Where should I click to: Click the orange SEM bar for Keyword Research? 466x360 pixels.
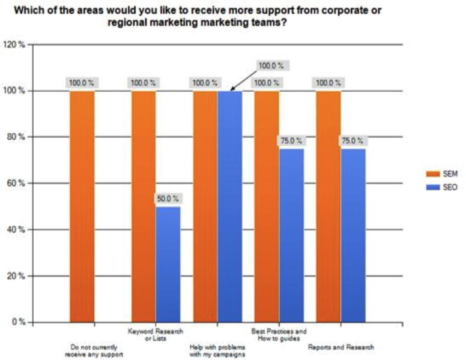click(x=144, y=206)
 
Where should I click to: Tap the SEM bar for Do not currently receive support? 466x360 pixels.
click(x=82, y=206)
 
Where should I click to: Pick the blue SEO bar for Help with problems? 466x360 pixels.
click(x=229, y=206)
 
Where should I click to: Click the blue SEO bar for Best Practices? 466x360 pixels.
click(x=291, y=235)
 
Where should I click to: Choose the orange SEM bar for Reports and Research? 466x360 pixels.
click(x=328, y=206)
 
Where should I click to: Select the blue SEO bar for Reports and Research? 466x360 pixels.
click(x=353, y=235)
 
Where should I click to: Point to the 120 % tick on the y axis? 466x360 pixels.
click(x=16, y=44)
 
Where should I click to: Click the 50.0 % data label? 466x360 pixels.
click(x=168, y=199)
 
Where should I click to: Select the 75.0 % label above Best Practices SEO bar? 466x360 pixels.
click(x=291, y=141)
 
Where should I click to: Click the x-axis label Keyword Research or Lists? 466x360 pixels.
click(x=156, y=334)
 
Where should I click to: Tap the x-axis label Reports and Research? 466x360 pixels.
click(x=340, y=347)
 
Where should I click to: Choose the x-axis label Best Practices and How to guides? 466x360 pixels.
click(x=278, y=334)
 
